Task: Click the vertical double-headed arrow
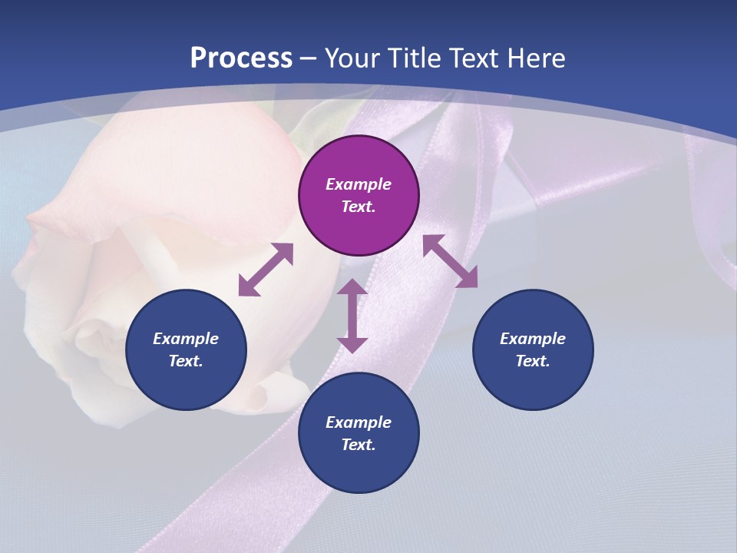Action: pos(352,316)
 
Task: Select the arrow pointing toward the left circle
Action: pos(266,270)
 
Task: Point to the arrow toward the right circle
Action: pos(450,261)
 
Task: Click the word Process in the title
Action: pos(241,58)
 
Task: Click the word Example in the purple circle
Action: pos(359,184)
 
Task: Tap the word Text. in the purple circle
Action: pos(359,207)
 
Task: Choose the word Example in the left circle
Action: pos(186,339)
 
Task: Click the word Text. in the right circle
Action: pos(533,361)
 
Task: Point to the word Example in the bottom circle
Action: pos(359,422)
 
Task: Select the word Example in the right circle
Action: pos(533,339)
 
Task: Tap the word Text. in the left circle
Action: pos(186,361)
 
